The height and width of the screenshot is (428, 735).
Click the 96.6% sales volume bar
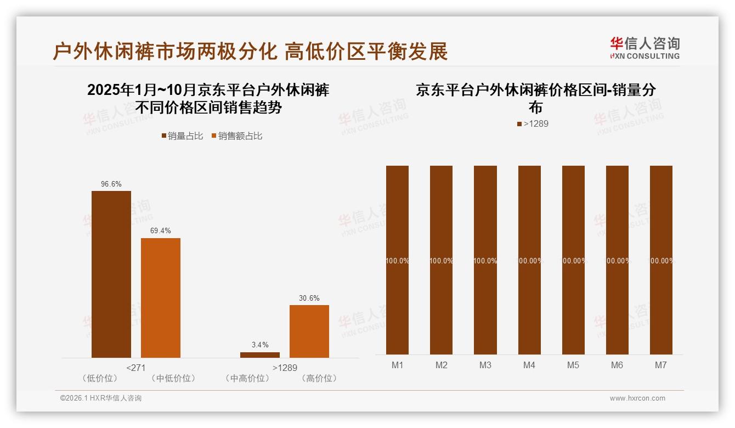click(111, 274)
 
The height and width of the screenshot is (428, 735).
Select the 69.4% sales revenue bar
click(161, 297)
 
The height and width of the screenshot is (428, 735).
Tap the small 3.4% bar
click(260, 354)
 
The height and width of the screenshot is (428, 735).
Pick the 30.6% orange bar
click(309, 331)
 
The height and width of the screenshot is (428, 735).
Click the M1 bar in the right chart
click(398, 260)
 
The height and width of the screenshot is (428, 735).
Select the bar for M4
click(529, 260)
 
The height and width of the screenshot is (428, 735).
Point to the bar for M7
click(661, 260)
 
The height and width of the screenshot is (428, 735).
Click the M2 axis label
click(442, 365)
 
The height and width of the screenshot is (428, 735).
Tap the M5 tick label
click(573, 365)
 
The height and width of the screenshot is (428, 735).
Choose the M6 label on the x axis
click(617, 365)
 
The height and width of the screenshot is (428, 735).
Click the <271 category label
click(136, 368)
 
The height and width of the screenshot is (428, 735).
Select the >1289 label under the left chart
click(285, 368)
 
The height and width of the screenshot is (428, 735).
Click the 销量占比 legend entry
click(182, 136)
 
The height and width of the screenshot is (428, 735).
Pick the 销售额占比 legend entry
click(237, 136)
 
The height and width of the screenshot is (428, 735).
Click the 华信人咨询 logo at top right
click(644, 48)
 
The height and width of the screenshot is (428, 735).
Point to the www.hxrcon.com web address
click(637, 398)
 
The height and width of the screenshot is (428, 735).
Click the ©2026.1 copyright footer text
click(101, 398)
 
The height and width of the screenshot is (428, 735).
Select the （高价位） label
click(319, 379)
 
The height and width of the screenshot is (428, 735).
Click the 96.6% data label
click(111, 184)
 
